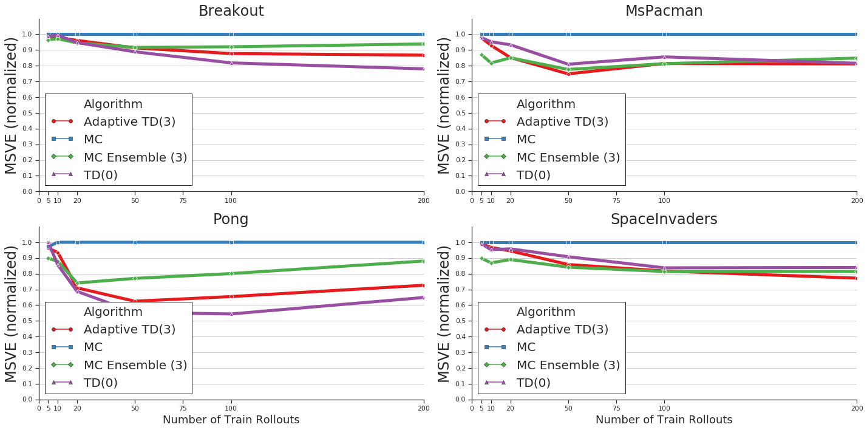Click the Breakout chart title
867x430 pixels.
(231, 11)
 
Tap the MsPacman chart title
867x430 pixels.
(664, 11)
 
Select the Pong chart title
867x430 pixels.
(231, 219)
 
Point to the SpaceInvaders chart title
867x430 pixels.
(664, 219)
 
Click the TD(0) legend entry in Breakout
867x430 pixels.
(100, 175)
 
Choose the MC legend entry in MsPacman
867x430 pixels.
(526, 139)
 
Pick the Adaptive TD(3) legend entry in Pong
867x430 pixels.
(129, 329)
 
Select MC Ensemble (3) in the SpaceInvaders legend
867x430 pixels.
(568, 365)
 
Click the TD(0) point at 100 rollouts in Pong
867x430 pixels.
(231, 313)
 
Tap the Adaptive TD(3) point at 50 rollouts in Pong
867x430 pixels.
(135, 301)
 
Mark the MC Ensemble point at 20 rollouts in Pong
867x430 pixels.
(77, 283)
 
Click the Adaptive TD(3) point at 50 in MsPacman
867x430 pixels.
(568, 73)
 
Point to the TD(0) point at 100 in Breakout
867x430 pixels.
(231, 63)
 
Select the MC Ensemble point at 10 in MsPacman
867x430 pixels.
(491, 63)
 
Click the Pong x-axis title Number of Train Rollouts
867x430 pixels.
(231, 420)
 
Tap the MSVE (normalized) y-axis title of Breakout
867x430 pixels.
(12, 105)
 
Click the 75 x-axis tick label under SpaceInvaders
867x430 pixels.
(616, 408)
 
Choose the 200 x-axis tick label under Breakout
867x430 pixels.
(423, 200)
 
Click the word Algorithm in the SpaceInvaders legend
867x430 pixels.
(546, 312)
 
